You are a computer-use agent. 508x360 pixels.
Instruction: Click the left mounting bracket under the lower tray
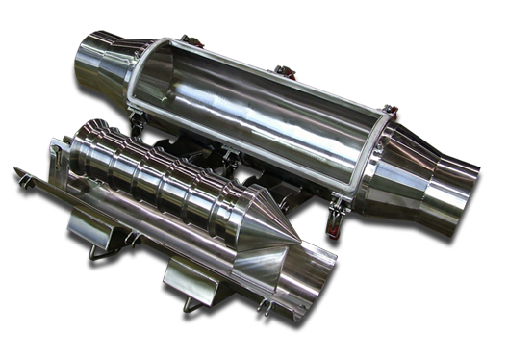[91, 227]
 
